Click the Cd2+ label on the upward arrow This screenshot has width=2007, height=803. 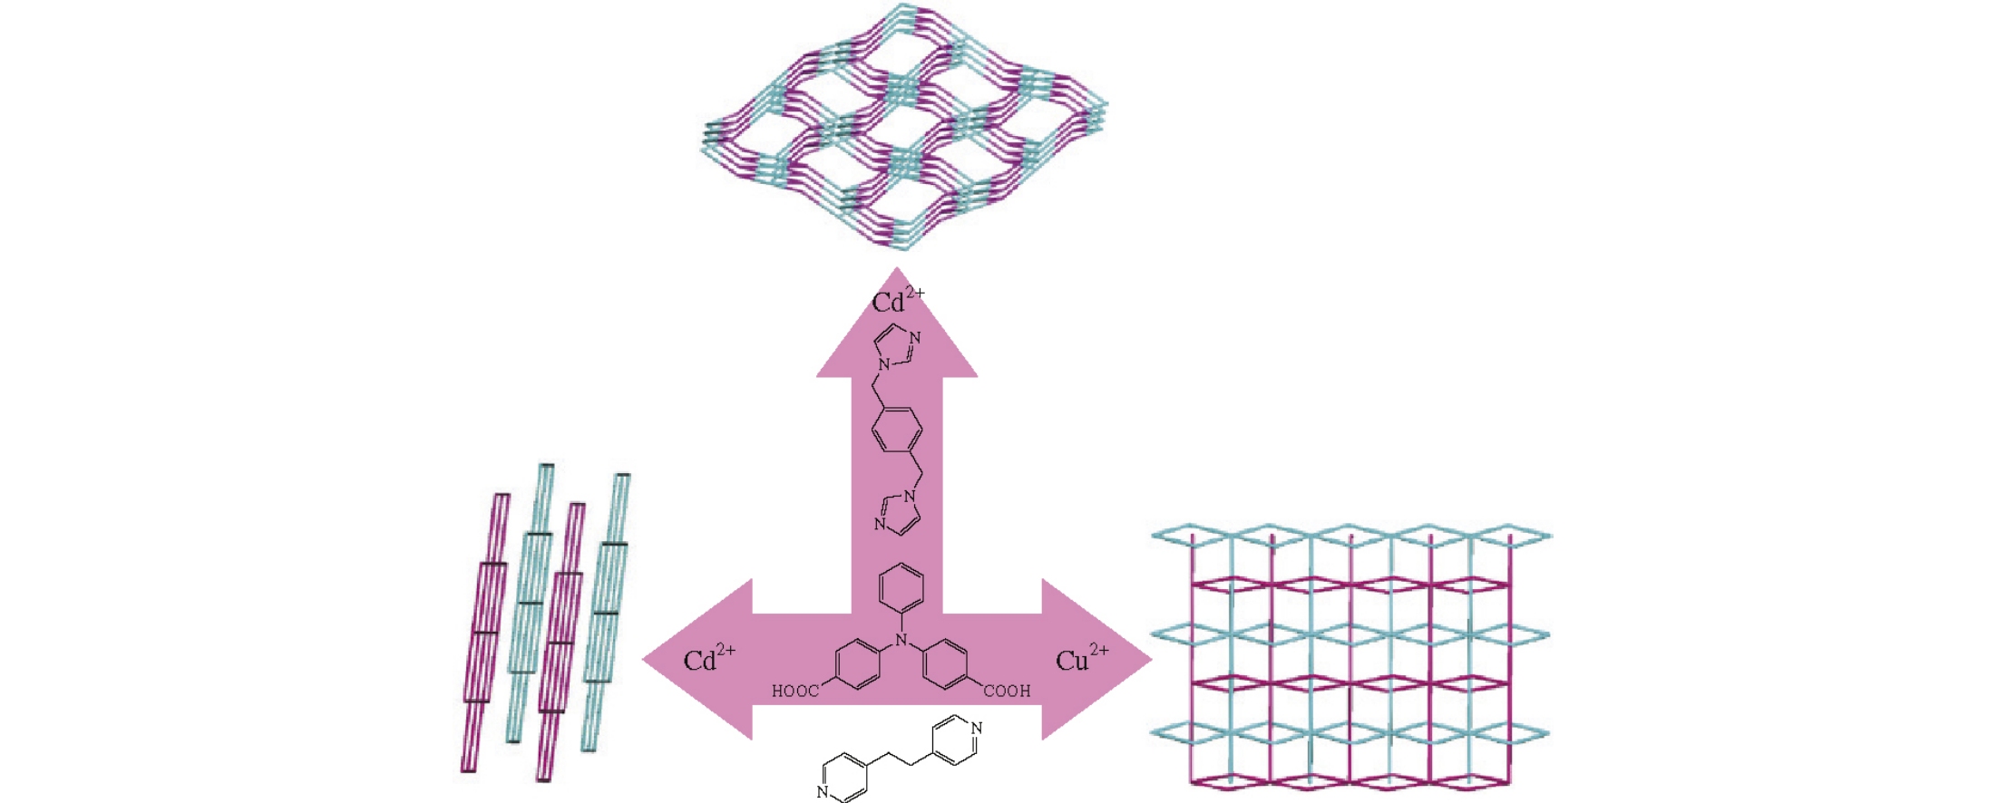pos(897,301)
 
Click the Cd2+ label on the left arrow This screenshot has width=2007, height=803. pos(708,659)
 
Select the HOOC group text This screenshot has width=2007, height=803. pos(795,692)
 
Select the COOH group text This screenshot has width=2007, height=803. pos(1008,692)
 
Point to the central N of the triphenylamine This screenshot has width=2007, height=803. pos(901,640)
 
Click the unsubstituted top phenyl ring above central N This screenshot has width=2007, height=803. pos(901,587)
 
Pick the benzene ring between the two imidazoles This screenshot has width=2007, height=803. pos(897,430)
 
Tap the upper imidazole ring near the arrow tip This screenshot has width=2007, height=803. pos(897,346)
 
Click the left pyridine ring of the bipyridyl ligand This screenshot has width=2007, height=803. pos(843,777)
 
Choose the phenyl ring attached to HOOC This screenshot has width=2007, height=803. pos(856,664)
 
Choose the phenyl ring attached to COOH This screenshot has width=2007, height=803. pos(946,664)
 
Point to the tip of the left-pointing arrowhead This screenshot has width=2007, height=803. pos(644,659)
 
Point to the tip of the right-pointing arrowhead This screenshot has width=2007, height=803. pos(1151,659)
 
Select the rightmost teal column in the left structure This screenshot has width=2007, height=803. pos(606,612)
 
